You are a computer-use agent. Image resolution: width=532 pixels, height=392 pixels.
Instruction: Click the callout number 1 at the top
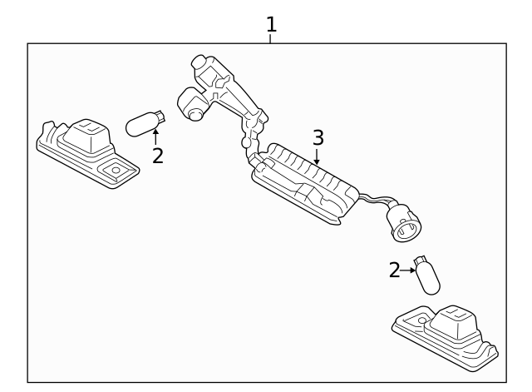tap(270, 24)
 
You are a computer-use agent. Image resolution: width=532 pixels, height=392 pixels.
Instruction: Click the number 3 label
tap(318, 137)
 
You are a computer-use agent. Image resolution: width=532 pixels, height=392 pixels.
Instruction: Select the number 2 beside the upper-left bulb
tap(157, 156)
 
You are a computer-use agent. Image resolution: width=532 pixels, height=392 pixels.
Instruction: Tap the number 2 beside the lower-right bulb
tap(394, 270)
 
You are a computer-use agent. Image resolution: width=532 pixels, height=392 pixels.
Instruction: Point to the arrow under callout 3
tap(317, 156)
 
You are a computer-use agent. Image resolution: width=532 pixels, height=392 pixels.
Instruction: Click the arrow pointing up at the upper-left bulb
tap(155, 136)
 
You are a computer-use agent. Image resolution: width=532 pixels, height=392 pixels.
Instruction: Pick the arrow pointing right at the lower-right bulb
tap(408, 270)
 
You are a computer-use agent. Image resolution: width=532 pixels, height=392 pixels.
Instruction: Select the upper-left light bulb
tap(144, 125)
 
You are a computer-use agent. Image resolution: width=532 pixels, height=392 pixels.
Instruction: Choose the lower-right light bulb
tap(427, 276)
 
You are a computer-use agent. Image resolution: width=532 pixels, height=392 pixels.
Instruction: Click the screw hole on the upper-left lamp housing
tap(116, 170)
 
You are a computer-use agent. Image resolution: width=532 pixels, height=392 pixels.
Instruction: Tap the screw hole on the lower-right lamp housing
tap(421, 320)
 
